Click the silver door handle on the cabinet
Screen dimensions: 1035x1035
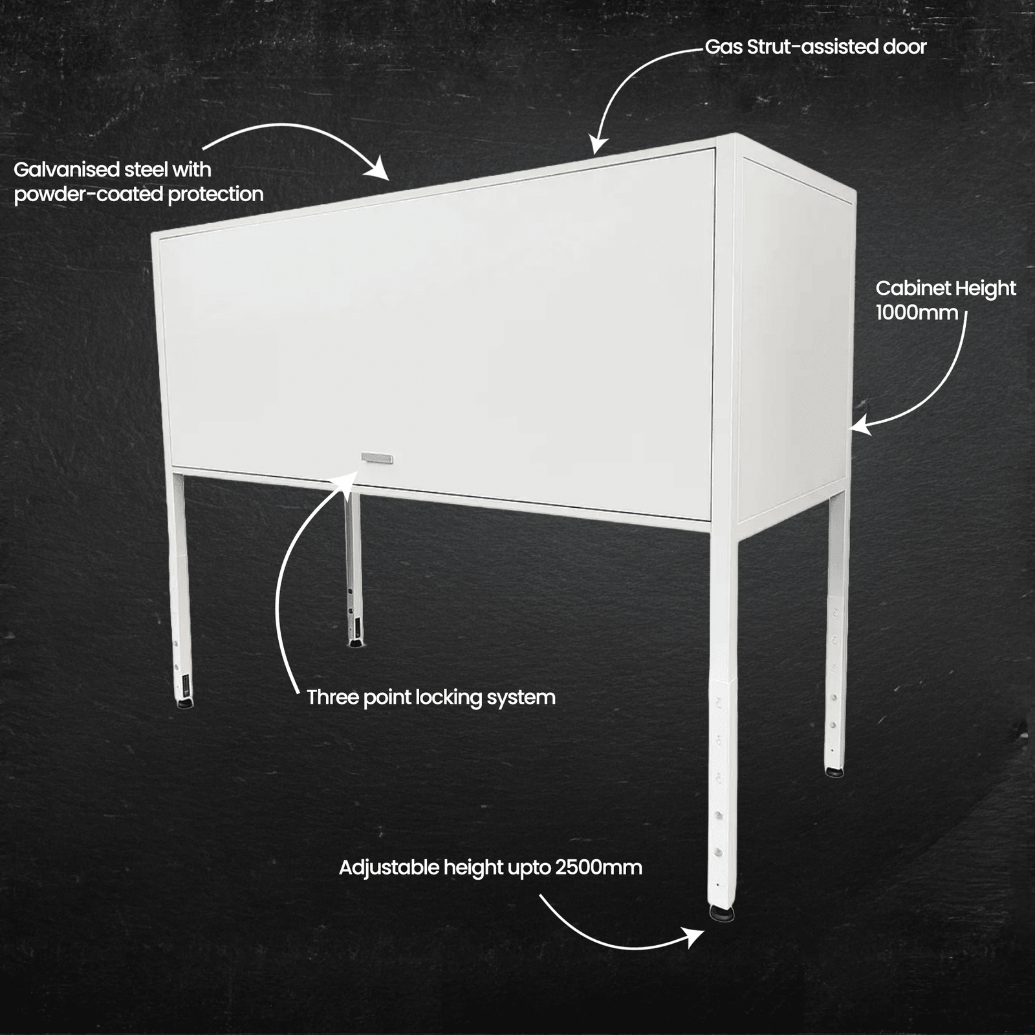pos(377,459)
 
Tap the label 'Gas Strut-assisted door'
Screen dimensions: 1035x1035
pos(815,47)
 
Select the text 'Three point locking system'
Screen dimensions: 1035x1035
pos(431,697)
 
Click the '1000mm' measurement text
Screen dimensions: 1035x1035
pos(917,313)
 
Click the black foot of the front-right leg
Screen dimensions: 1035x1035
pos(722,913)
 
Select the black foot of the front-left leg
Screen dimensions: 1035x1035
pos(184,703)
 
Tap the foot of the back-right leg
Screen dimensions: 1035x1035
pos(834,771)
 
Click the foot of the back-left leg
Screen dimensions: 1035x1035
pos(355,642)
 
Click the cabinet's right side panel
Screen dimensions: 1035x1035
pos(792,336)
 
